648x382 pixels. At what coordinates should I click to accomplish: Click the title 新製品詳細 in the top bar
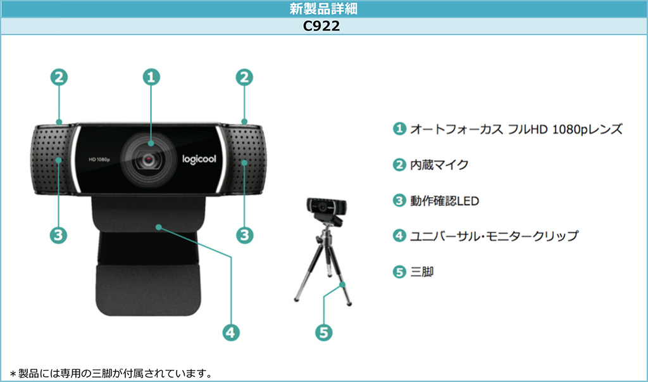323,9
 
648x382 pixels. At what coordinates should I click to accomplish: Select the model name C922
321,26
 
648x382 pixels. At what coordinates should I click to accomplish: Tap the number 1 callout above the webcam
151,77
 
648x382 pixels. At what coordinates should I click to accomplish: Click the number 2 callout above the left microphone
59,77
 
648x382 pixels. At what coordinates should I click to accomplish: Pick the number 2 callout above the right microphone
244,77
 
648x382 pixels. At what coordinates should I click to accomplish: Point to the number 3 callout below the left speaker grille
58,235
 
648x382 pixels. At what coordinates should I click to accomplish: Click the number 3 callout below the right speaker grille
245,235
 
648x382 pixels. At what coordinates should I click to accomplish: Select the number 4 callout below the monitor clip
231,333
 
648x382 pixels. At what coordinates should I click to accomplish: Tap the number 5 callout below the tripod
323,333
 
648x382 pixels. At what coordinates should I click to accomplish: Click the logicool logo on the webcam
199,160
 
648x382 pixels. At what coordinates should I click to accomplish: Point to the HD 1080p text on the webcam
99,160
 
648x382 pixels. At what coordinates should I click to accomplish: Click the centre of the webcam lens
148,160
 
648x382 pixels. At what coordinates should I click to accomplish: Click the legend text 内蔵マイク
439,165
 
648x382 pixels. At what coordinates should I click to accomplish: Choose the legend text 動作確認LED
444,201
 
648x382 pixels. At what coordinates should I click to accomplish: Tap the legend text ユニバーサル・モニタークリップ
494,236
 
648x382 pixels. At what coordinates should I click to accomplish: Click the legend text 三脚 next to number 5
422,272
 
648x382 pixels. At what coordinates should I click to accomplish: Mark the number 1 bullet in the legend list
399,129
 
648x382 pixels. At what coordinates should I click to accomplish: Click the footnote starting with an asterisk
111,374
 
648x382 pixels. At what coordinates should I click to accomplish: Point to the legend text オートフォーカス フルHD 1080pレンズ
516,129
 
